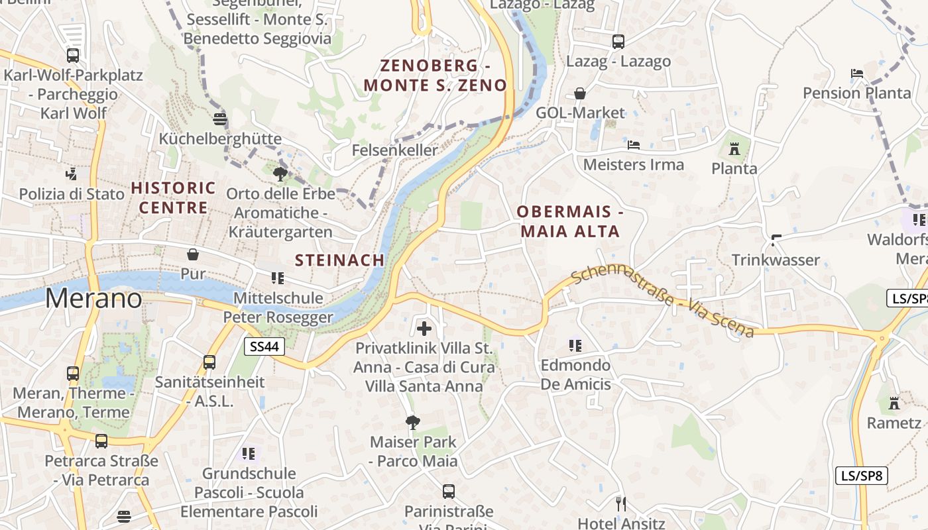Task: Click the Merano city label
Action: (93, 299)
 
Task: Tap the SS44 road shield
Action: (264, 346)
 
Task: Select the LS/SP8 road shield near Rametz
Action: (861, 475)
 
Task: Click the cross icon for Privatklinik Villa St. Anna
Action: (424, 328)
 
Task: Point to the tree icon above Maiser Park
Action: (413, 422)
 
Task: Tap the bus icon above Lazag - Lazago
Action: (618, 42)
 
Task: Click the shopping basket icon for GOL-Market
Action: (580, 93)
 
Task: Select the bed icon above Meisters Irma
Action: (634, 144)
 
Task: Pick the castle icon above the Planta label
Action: (734, 149)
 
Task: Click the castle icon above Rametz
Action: (894, 403)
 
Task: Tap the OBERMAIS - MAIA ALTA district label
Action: (570, 221)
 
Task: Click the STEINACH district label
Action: (339, 260)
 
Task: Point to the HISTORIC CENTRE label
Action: (174, 197)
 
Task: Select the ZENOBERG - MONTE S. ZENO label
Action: (435, 75)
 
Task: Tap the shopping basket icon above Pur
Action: (193, 254)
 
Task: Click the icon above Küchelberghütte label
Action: (220, 119)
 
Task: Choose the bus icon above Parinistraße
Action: (449, 492)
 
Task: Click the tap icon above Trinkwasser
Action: (776, 240)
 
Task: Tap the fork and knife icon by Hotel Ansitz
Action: (620, 504)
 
